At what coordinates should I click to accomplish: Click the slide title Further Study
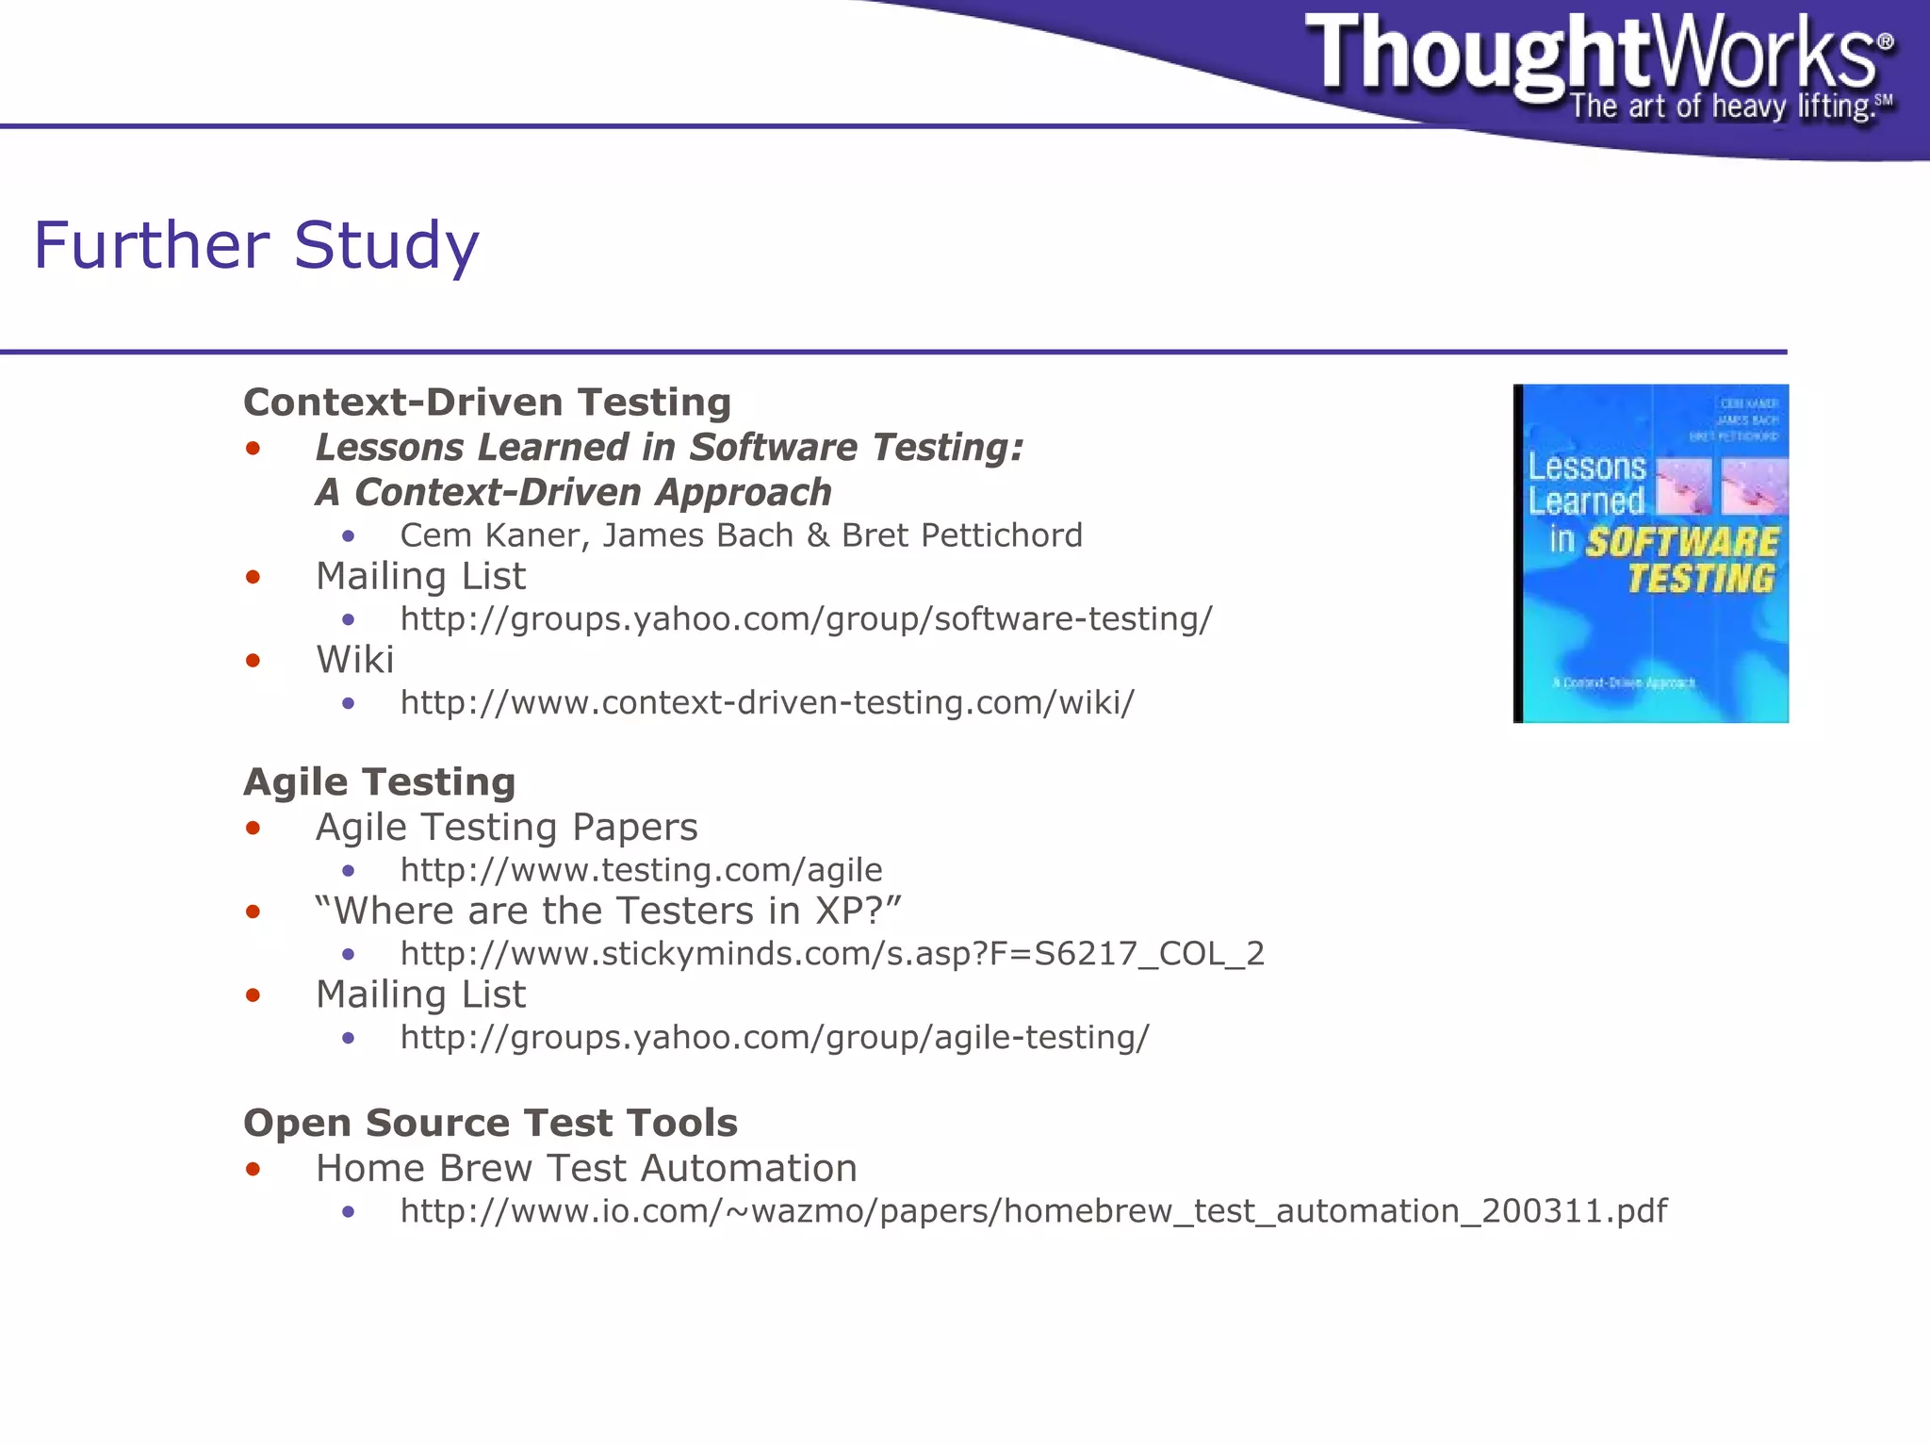point(256,245)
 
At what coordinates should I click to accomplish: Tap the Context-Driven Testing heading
point(487,403)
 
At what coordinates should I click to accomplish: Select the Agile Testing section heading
point(379,782)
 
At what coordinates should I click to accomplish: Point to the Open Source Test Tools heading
point(490,1123)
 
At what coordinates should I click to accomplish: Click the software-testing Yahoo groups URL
point(806,619)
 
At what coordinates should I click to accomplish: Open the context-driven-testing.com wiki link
point(767,703)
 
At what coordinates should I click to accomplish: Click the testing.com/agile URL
point(641,870)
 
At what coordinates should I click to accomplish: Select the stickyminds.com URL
point(831,954)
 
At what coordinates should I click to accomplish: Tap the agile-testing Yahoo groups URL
point(775,1038)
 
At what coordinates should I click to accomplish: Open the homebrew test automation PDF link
point(1033,1211)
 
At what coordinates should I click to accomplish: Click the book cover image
point(1651,553)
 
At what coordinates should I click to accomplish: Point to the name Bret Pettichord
point(962,535)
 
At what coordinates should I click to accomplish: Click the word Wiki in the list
point(354,660)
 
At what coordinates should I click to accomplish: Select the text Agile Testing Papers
point(506,828)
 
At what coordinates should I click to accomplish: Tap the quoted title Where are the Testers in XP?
point(609,912)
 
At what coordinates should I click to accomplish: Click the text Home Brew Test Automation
point(586,1169)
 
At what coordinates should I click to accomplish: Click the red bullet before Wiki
point(253,661)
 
